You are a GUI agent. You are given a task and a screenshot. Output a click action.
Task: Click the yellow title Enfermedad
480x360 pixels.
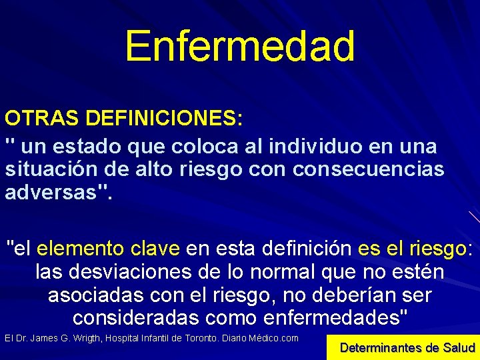(239, 45)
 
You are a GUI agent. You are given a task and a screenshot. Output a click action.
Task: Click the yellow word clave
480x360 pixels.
(155, 249)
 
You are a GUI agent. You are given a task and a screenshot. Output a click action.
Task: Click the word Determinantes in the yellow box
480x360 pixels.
(381, 347)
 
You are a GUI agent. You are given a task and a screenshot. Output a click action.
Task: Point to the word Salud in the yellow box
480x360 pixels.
(458, 347)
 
